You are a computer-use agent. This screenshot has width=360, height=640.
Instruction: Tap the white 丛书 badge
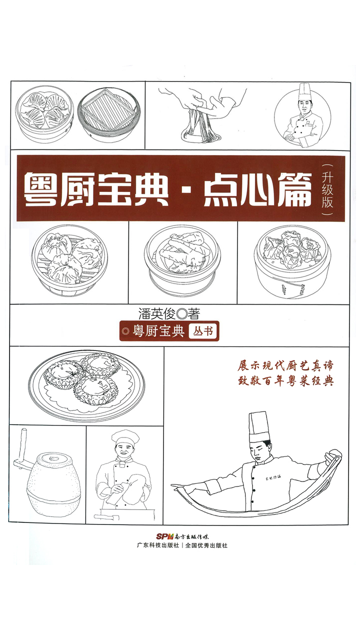pos(203,331)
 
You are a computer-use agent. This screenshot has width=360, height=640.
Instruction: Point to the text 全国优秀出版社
pos(206,545)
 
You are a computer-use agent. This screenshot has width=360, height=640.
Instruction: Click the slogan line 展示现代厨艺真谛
pos(285,366)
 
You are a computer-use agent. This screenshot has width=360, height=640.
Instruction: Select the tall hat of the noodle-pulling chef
pos(258,426)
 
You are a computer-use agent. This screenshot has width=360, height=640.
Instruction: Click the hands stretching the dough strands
pos(210,105)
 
